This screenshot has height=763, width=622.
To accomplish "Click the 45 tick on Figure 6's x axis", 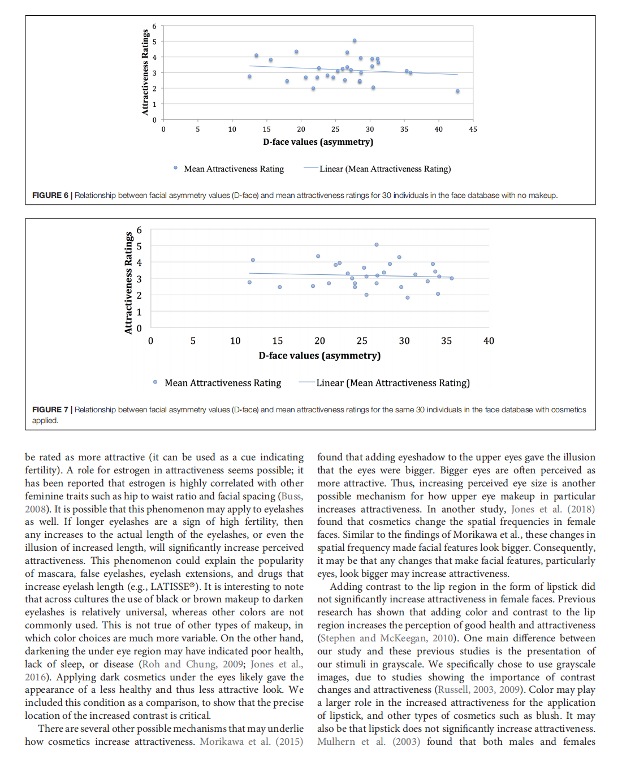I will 473,130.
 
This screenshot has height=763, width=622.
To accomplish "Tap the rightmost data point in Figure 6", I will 457,91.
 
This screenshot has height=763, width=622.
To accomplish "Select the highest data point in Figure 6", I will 355,41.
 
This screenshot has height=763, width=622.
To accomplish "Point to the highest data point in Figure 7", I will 377,245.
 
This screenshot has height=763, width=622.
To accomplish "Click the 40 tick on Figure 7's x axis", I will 489,341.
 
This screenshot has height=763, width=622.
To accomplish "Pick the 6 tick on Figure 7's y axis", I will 139,230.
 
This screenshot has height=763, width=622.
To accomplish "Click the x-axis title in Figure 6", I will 318,142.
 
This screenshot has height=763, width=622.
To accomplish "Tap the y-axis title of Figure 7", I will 128,282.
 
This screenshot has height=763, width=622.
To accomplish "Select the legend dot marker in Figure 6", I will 175,168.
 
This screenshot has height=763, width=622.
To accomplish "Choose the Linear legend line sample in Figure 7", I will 306,382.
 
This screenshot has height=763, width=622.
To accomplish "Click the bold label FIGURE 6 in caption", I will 50,196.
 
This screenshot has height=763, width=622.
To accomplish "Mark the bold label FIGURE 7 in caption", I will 50,410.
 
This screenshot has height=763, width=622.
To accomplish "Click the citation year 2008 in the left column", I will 35,509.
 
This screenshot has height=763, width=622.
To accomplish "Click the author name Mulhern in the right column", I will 336,742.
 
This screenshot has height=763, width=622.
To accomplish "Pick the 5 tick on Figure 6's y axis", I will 154,42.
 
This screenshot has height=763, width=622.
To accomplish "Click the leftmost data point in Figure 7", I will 249,282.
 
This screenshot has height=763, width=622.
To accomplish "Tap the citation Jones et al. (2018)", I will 552,509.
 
